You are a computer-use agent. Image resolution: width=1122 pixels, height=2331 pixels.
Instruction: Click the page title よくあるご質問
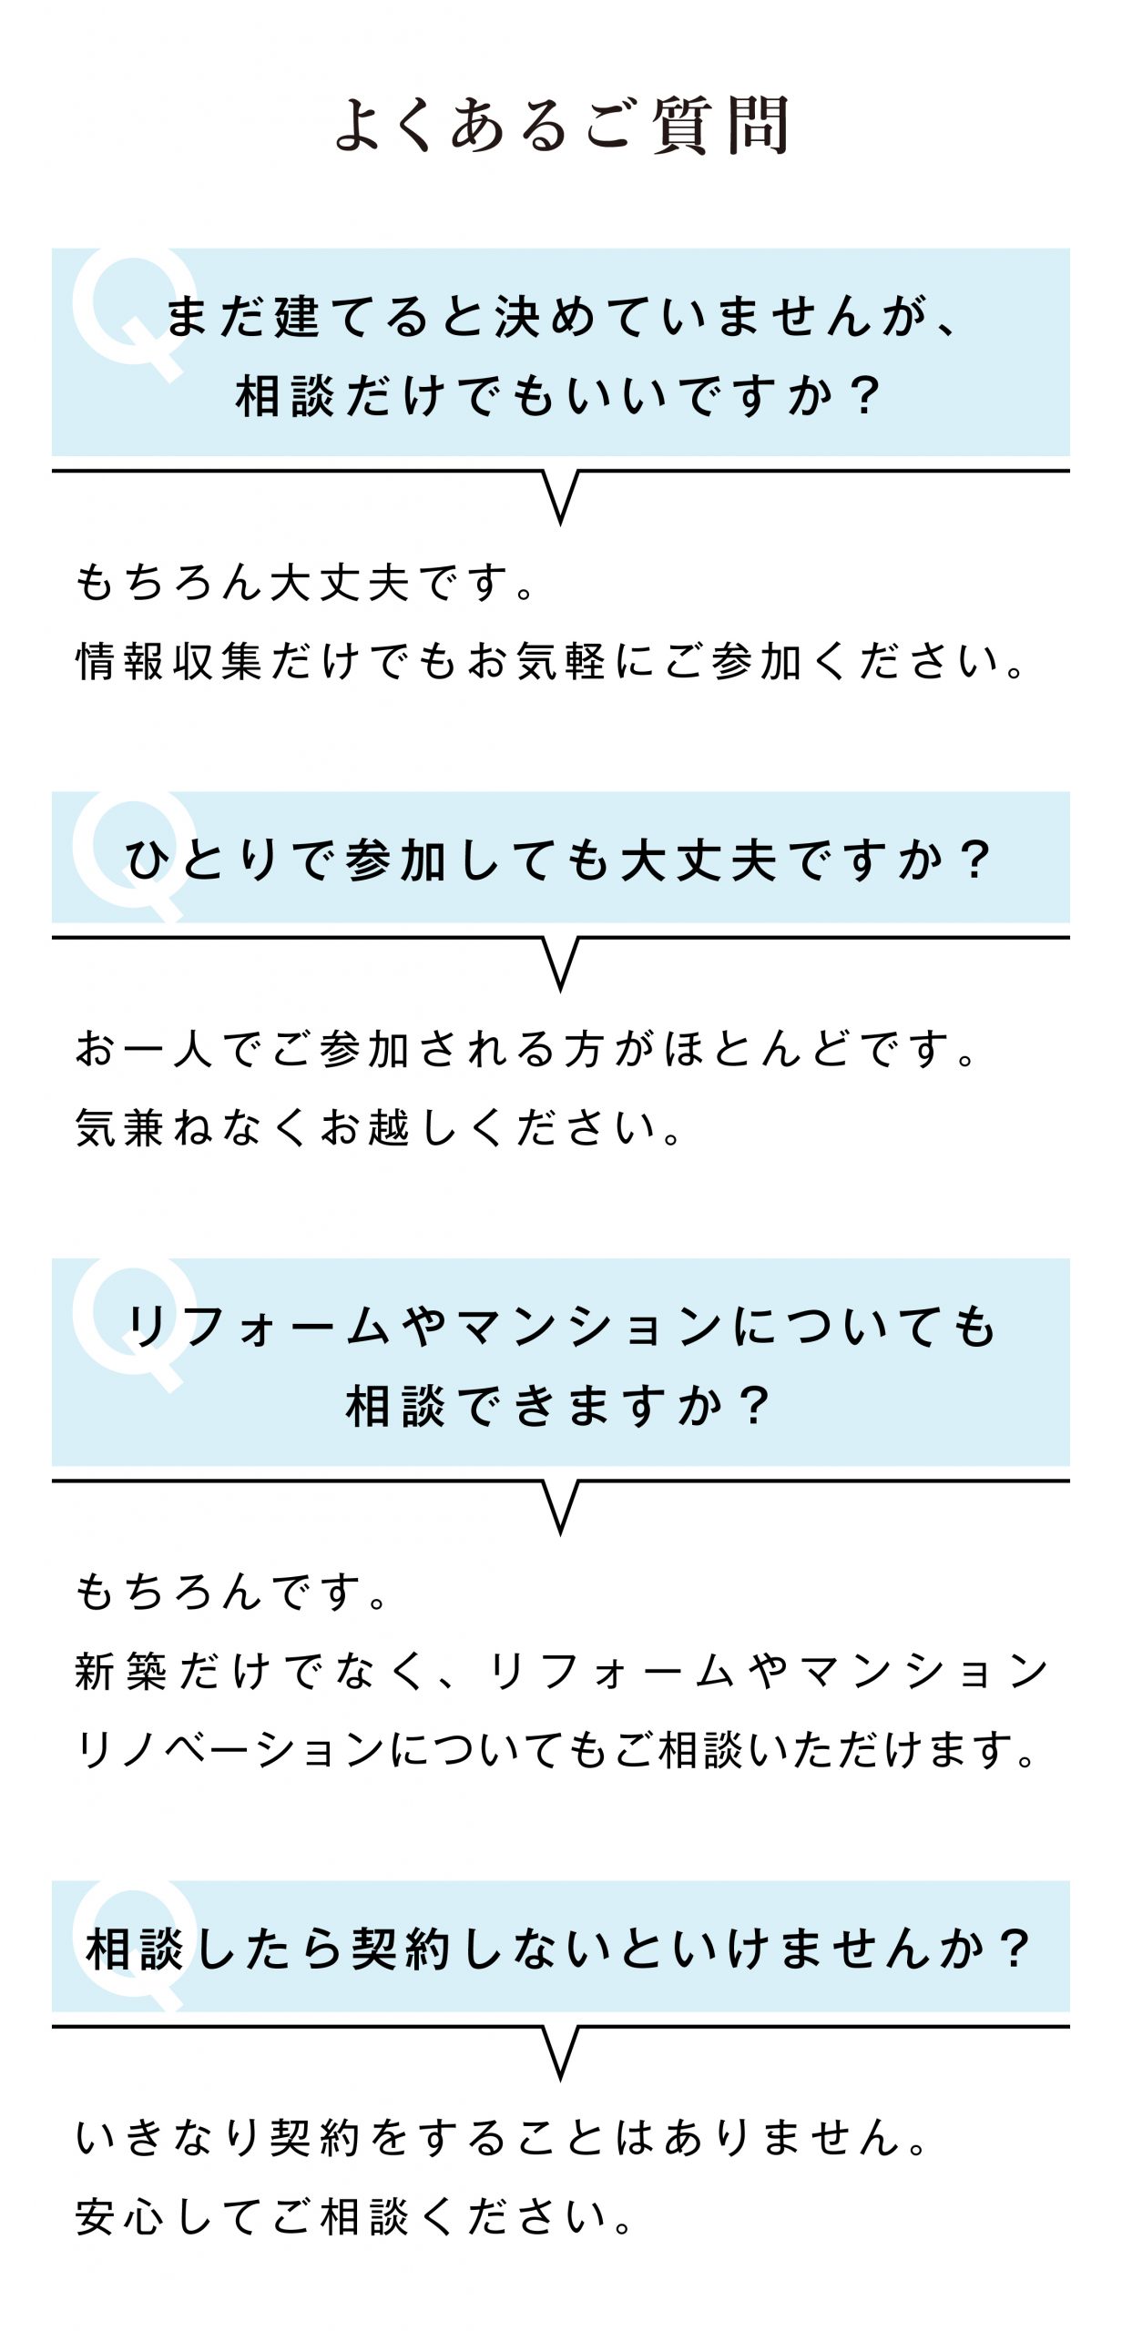[x=561, y=125]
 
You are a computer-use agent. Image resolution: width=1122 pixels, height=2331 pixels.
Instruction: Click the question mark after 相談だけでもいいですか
[x=862, y=396]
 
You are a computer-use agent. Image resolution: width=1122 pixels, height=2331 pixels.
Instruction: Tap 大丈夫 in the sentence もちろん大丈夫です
[x=339, y=583]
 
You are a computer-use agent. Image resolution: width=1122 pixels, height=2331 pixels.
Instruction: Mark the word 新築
[x=121, y=1672]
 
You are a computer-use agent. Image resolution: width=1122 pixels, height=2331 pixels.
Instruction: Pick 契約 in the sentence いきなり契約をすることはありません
[x=315, y=2138]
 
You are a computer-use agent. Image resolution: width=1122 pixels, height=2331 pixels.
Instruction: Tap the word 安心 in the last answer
[x=120, y=2217]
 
